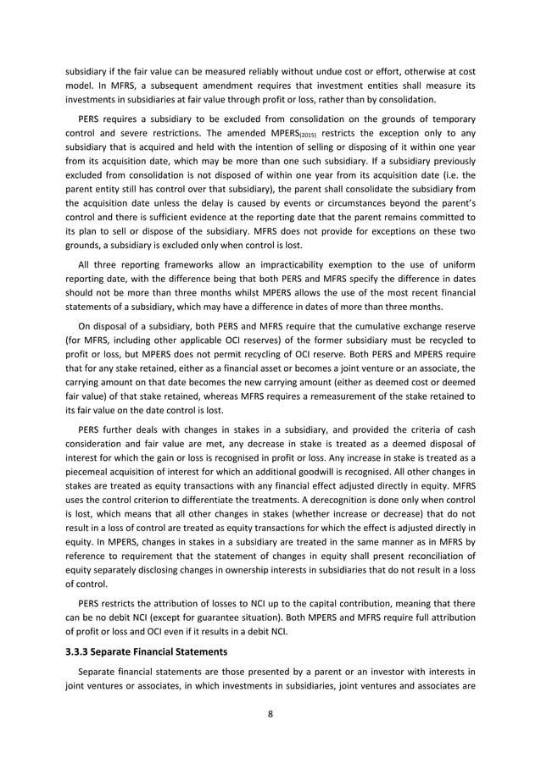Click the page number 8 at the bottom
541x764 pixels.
(270, 713)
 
